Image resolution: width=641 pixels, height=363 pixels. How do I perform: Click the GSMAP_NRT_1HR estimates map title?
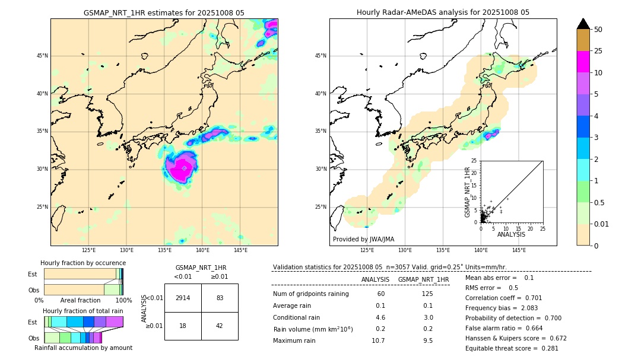pyautogui.click(x=164, y=12)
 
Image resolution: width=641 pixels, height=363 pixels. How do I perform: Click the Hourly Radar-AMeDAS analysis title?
pyautogui.click(x=443, y=12)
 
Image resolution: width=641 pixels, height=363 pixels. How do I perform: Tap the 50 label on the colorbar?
pyautogui.click(x=598, y=30)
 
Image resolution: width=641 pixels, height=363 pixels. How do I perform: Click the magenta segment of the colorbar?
pyautogui.click(x=583, y=62)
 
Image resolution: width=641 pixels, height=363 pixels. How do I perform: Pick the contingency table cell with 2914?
pyautogui.click(x=183, y=298)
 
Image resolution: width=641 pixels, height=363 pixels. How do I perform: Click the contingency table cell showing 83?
pyautogui.click(x=220, y=298)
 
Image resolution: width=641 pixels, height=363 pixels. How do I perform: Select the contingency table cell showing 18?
pyautogui.click(x=183, y=326)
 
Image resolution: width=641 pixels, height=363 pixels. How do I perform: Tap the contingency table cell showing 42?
pyautogui.click(x=220, y=326)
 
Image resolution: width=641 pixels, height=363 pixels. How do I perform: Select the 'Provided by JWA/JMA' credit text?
pyautogui.click(x=363, y=239)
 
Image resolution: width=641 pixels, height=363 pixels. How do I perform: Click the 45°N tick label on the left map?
pyautogui.click(x=42, y=56)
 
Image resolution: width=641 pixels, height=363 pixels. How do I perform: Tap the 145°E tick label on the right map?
pyautogui.click(x=519, y=250)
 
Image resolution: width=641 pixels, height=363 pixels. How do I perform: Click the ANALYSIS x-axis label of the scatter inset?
pyautogui.click(x=511, y=234)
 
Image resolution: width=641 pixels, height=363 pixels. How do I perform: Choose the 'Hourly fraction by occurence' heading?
pyautogui.click(x=83, y=263)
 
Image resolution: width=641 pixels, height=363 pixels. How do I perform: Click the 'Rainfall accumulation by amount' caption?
pyautogui.click(x=83, y=348)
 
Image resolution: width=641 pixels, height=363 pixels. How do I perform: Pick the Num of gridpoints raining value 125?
pyautogui.click(x=427, y=294)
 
